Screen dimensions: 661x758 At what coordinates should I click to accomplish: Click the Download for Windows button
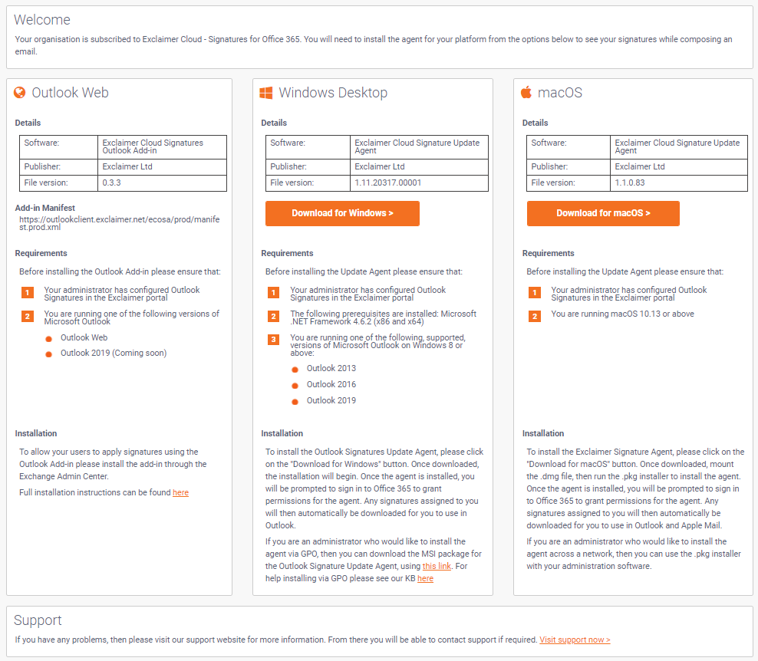(342, 213)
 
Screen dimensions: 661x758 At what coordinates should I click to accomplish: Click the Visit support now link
(575, 640)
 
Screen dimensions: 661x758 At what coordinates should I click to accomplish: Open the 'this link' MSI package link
(437, 566)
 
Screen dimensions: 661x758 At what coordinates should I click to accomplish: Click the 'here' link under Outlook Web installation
(180, 492)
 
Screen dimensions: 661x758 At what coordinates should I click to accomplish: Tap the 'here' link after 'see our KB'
(425, 578)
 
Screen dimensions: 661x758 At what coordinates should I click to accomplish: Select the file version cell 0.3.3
(112, 183)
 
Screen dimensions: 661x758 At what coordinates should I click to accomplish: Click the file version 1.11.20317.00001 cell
(388, 183)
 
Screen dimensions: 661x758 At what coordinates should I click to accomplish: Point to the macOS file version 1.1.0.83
(630, 183)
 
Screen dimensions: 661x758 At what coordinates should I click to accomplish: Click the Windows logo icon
(266, 93)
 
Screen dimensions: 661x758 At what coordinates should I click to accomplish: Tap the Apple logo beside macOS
(526, 93)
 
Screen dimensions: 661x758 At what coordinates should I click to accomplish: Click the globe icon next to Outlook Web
(20, 93)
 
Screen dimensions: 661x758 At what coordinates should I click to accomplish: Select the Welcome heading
(42, 20)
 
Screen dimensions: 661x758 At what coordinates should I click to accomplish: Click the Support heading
(38, 620)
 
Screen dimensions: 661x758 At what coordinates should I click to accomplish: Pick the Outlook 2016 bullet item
(331, 384)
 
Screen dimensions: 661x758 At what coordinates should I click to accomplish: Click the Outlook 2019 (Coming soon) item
(114, 353)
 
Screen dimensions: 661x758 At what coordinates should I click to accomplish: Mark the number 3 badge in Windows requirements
(273, 340)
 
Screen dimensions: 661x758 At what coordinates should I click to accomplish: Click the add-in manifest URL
(119, 222)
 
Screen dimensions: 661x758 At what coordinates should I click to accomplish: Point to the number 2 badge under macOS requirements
(534, 316)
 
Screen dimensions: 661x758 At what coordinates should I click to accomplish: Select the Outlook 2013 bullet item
(331, 368)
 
